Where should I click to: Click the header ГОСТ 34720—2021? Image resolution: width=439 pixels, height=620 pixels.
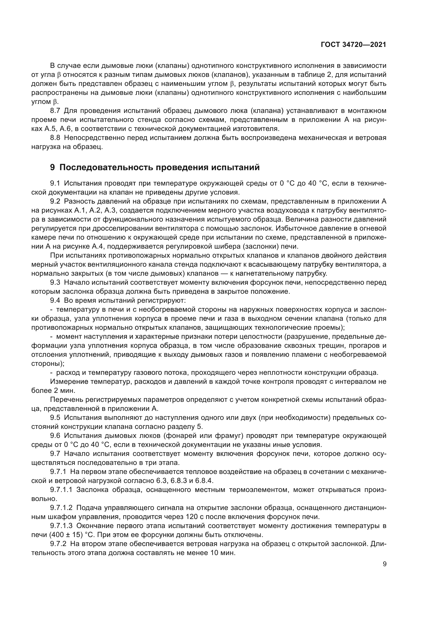(353, 45)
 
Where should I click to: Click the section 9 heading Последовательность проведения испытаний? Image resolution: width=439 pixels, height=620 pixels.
(155, 168)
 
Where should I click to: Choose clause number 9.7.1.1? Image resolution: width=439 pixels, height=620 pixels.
(61, 490)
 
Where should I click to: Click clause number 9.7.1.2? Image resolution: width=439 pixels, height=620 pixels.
(61, 508)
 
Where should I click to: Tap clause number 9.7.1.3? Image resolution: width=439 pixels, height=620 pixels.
(61, 526)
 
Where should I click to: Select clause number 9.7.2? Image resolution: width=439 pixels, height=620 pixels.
(58, 544)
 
